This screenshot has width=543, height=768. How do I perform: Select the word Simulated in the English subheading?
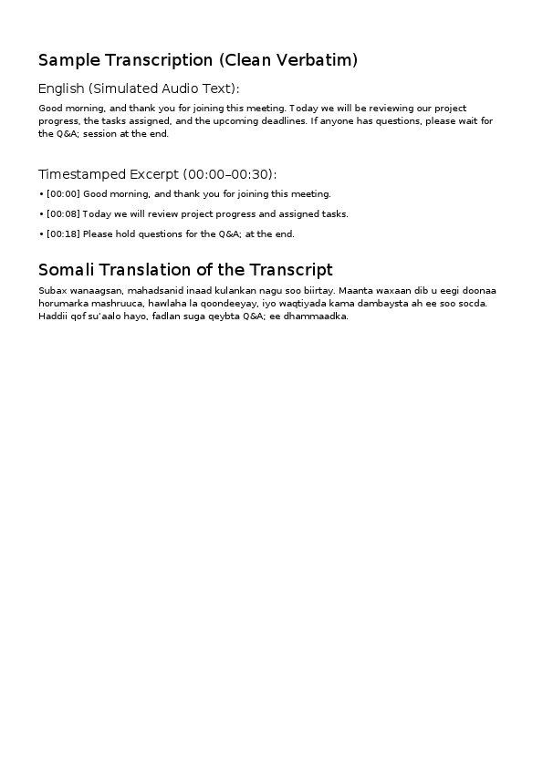pos(125,88)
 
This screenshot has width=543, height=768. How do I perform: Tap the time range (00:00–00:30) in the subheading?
pos(229,174)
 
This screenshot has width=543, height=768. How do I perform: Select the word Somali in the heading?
pos(65,270)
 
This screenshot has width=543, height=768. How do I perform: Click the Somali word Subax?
pos(51,290)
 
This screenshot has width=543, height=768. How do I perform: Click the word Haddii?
pos(53,317)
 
